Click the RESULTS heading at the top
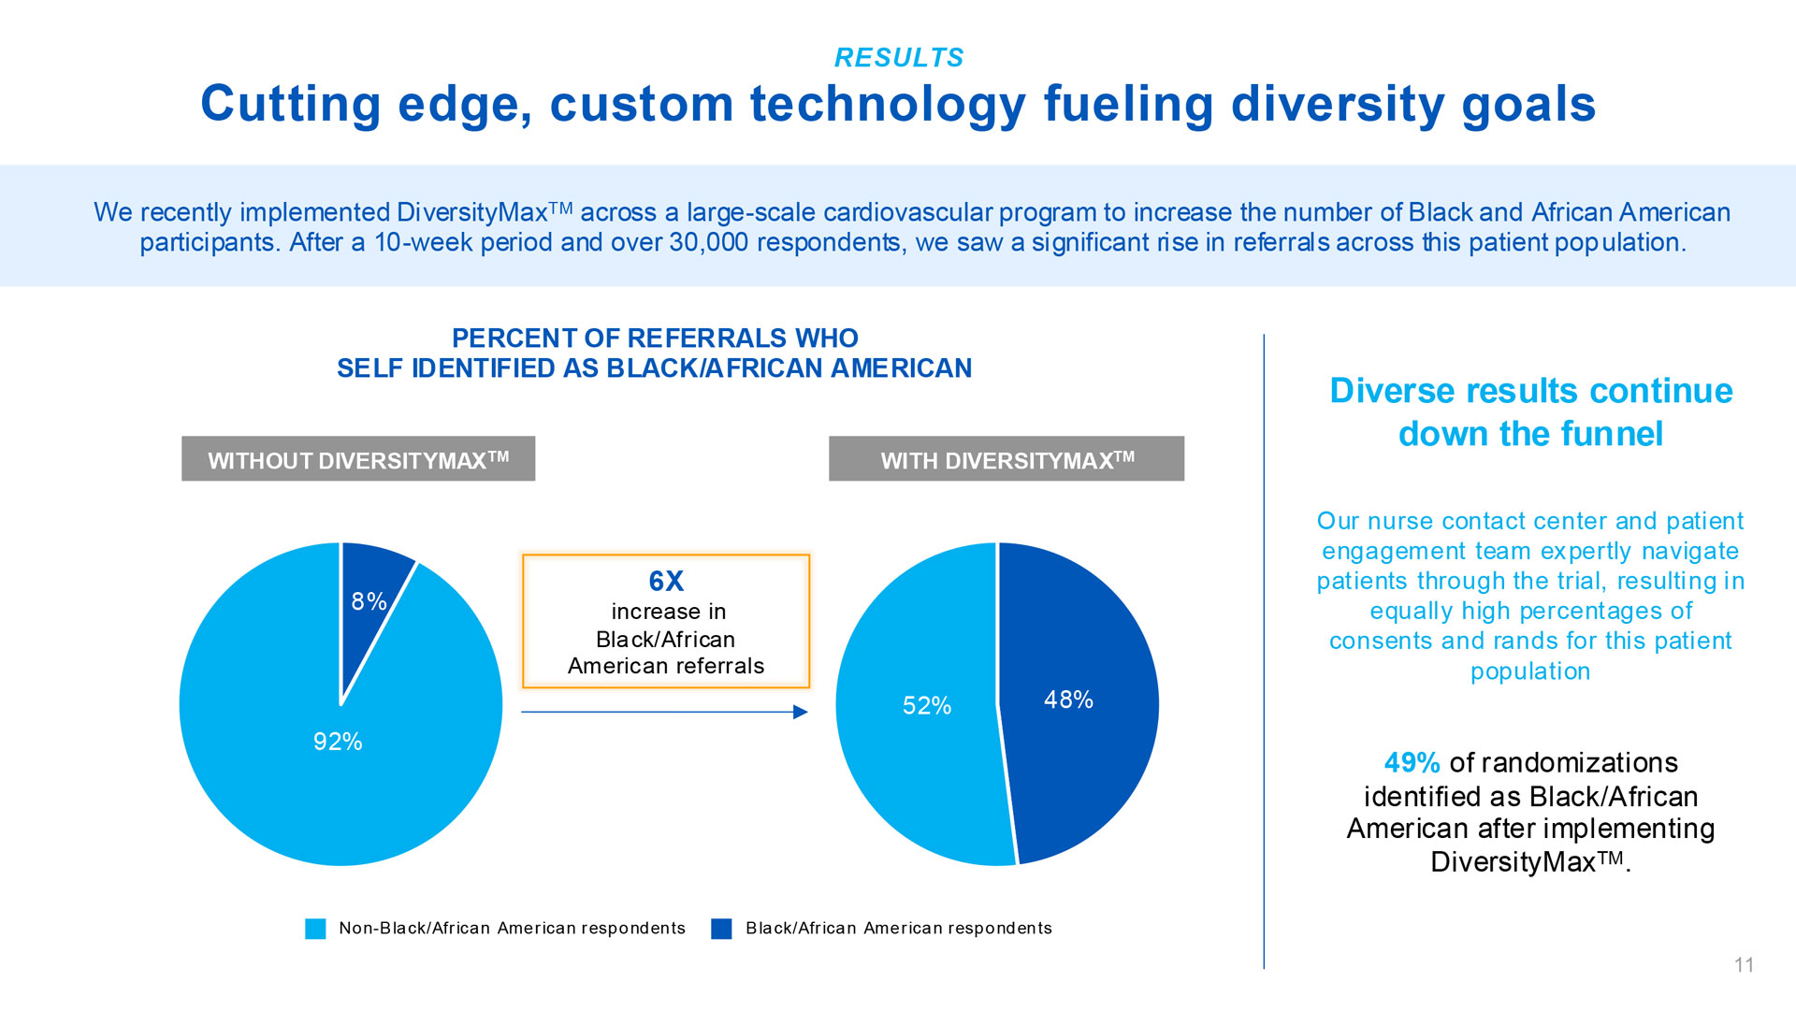898,58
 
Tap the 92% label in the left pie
338,742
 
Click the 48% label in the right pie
1068,700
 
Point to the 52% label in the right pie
926,705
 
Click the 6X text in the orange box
666,581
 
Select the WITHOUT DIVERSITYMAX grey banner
358,459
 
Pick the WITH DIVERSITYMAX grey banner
1007,459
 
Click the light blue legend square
316,929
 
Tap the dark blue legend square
721,929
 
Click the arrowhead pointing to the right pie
801,713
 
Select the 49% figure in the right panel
1412,763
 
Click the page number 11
1744,965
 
